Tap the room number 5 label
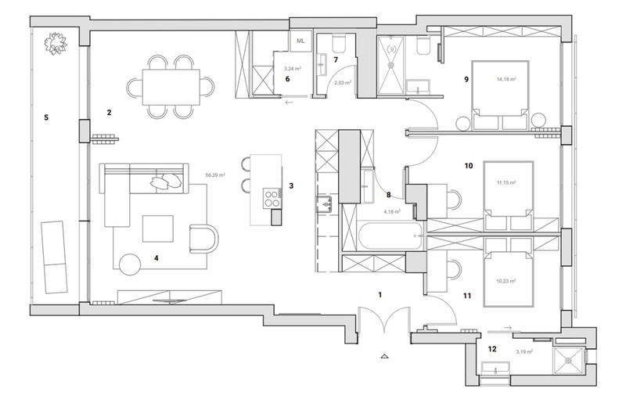tap(46, 117)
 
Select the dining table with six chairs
tap(171, 85)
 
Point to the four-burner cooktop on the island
tap(272, 198)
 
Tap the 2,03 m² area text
tap(343, 82)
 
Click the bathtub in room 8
tap(383, 233)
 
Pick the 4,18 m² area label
tap(392, 211)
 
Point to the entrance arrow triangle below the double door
tap(383, 356)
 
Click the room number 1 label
tap(380, 295)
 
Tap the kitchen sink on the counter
tap(325, 205)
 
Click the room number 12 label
tap(492, 349)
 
